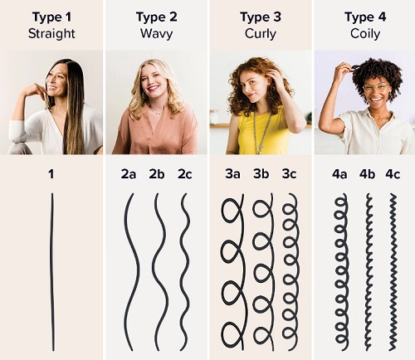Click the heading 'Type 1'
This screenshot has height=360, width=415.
click(x=51, y=17)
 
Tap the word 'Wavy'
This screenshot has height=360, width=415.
click(x=156, y=33)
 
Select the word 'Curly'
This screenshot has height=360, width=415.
click(x=261, y=34)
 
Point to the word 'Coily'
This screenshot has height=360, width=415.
click(x=365, y=34)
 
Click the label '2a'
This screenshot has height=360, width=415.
click(x=129, y=174)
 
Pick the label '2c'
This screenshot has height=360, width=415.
click(x=184, y=174)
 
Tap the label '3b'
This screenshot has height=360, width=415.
click(x=261, y=174)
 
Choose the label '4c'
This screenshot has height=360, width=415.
click(x=393, y=174)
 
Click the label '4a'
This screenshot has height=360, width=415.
click(x=339, y=174)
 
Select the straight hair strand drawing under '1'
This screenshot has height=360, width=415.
click(x=51, y=272)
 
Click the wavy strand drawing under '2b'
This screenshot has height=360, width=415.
click(x=161, y=272)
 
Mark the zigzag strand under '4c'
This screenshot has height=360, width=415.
click(x=393, y=272)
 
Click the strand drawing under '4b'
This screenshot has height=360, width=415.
click(x=369, y=272)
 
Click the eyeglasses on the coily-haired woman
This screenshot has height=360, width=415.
click(x=375, y=88)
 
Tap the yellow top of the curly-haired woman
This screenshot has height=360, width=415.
click(x=263, y=133)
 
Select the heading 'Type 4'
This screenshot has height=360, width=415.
click(x=365, y=17)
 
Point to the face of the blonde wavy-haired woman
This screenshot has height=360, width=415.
click(x=151, y=81)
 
